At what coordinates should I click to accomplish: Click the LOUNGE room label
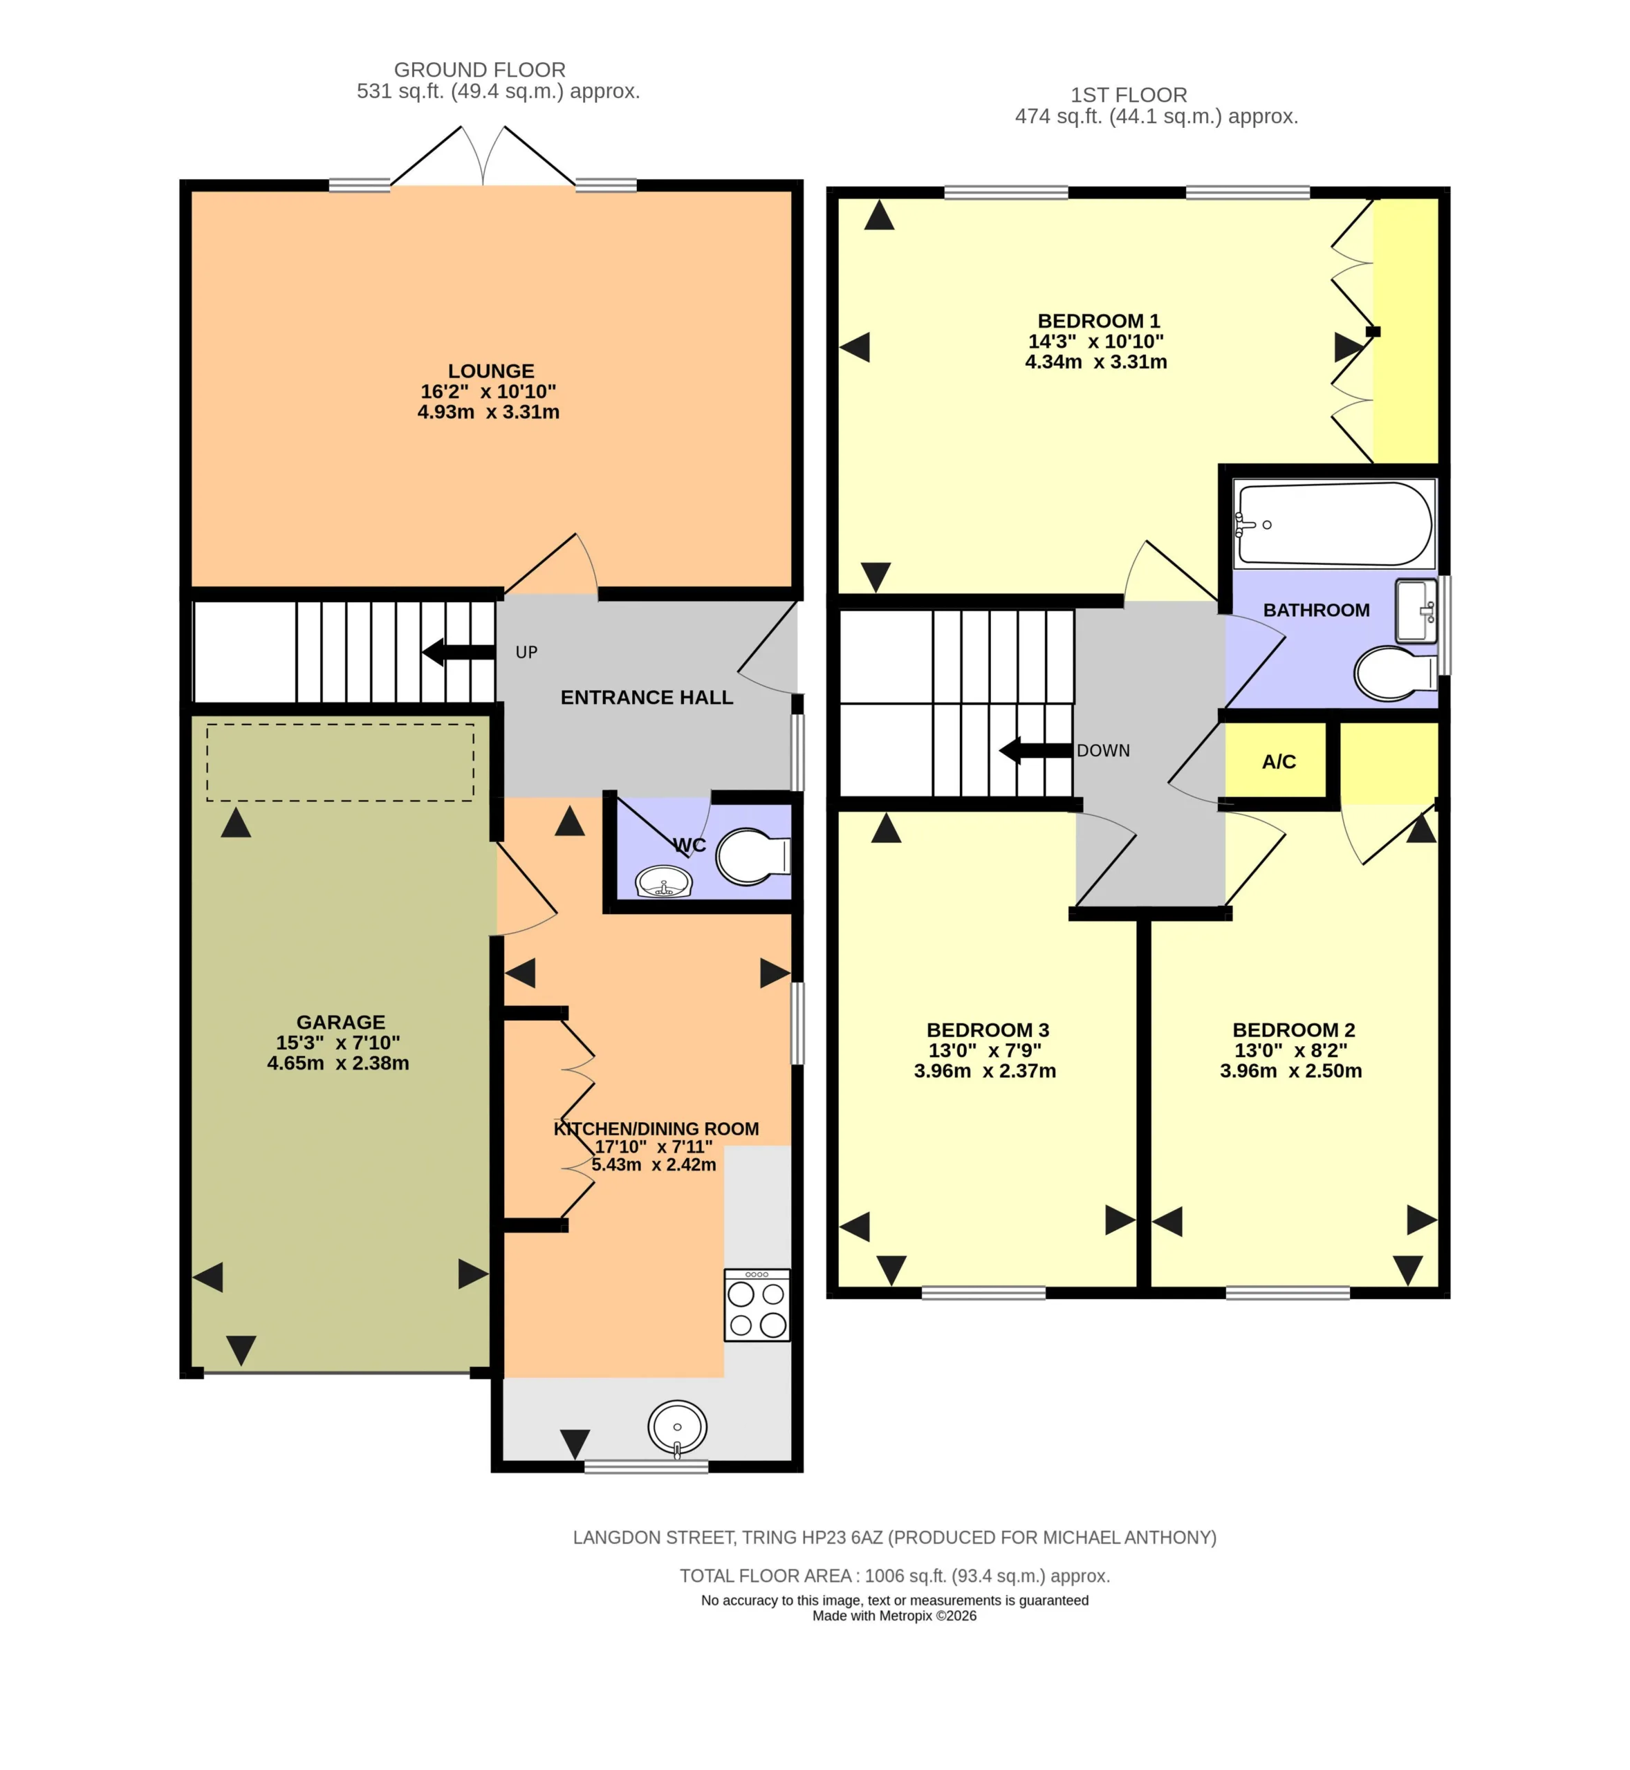tap(490, 371)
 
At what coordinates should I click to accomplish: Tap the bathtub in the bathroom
tap(1333, 524)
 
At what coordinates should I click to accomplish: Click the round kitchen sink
tap(678, 1426)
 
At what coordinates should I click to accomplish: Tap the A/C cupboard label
tap(1279, 762)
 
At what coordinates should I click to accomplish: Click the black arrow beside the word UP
tap(458, 653)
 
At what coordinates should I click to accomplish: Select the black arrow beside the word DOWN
tap(1035, 750)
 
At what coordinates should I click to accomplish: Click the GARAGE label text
tap(340, 1022)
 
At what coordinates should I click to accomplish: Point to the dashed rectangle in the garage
tap(340, 763)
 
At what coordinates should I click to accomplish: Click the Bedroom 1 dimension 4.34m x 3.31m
tap(1095, 362)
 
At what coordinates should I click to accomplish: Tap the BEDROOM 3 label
tap(988, 1030)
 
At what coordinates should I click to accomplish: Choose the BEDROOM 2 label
tap(1294, 1030)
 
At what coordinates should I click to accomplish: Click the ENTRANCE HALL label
tap(647, 698)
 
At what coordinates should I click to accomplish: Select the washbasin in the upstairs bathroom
tap(1416, 611)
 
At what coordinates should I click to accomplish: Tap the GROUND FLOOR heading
tap(480, 70)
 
